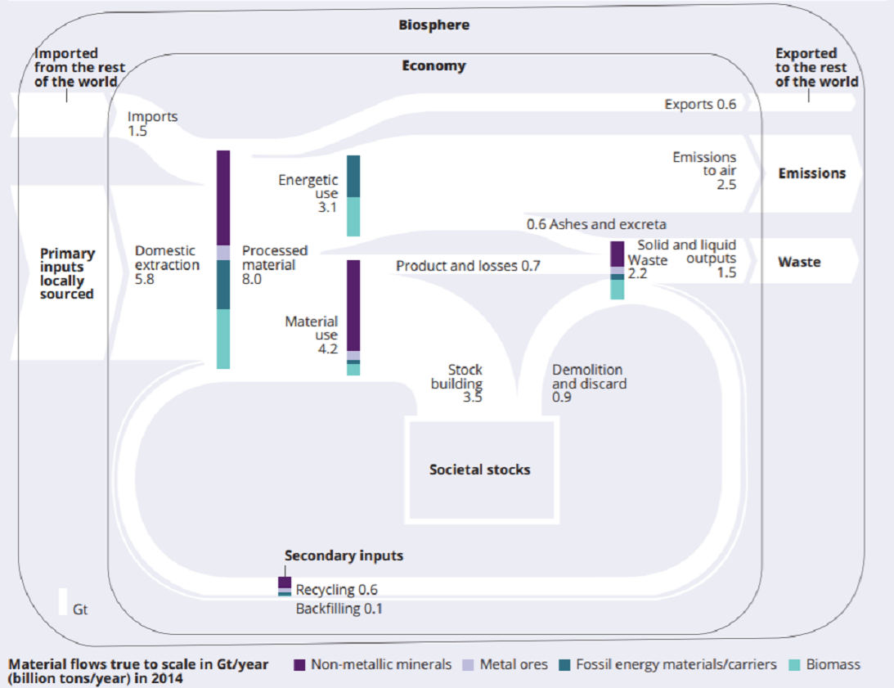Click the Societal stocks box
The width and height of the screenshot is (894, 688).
coord(482,470)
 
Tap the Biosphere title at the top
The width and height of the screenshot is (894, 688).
coord(434,25)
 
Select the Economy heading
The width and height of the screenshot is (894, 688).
coord(434,66)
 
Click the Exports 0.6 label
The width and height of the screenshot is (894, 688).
coord(700,105)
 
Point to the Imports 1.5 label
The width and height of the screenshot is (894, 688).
coord(152,124)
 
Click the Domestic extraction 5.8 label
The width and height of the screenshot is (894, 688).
coord(167,265)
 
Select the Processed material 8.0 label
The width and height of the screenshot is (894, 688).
coord(275,265)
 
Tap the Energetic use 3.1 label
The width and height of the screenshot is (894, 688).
coord(308,193)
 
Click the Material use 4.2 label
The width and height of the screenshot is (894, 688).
coord(312,335)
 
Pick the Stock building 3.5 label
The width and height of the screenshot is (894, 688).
coord(457,384)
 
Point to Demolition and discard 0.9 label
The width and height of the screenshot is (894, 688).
coord(589,384)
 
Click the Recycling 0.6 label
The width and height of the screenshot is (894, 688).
coord(336,590)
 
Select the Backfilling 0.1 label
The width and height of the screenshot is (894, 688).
coord(339,609)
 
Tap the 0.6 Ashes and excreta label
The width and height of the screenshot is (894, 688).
coord(596,224)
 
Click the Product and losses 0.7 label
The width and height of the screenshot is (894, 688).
coord(468,266)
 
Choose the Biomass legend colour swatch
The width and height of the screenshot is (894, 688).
coord(794,665)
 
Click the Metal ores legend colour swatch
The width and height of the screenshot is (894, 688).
coord(468,665)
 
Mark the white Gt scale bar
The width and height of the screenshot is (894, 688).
coord(63,602)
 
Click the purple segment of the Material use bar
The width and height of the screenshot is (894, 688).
coord(353,306)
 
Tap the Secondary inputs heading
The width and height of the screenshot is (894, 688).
coord(344,555)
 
